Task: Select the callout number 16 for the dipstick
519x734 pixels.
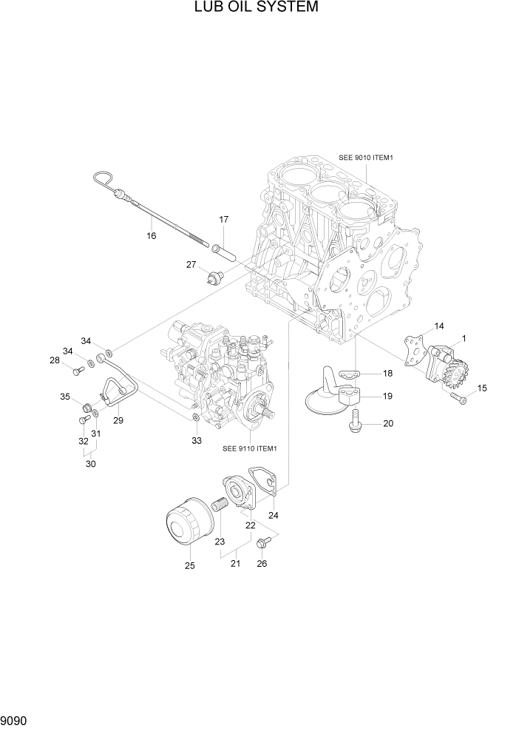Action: point(151,236)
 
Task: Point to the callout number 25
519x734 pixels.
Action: point(189,566)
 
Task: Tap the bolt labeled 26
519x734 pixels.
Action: point(262,544)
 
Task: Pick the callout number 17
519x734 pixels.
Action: point(223,219)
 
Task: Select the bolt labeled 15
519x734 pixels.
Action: point(458,398)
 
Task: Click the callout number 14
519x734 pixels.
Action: point(438,326)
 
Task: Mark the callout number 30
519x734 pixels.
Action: point(91,464)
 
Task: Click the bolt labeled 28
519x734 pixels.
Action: point(77,370)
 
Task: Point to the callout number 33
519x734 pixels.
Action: point(196,441)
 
